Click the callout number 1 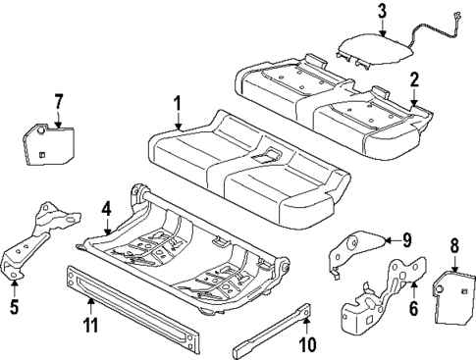(178, 103)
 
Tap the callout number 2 (414, 80)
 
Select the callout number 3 (382, 12)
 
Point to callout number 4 (107, 209)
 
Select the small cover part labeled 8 (450, 294)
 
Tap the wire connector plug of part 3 (457, 15)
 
